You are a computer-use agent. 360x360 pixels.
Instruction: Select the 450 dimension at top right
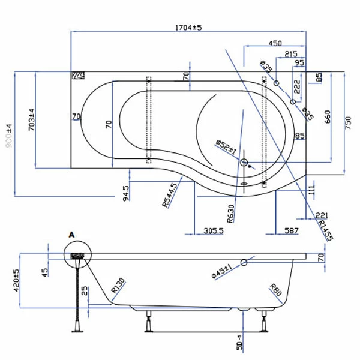(275, 43)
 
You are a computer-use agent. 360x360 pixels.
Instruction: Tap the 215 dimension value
(292, 54)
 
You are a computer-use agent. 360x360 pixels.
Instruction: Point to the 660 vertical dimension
(328, 116)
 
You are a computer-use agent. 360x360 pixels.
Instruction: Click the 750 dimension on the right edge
(348, 122)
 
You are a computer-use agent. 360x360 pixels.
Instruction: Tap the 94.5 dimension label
(125, 193)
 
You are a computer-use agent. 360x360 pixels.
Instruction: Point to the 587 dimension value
(292, 230)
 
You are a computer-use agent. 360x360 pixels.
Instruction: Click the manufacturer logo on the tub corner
(79, 76)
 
